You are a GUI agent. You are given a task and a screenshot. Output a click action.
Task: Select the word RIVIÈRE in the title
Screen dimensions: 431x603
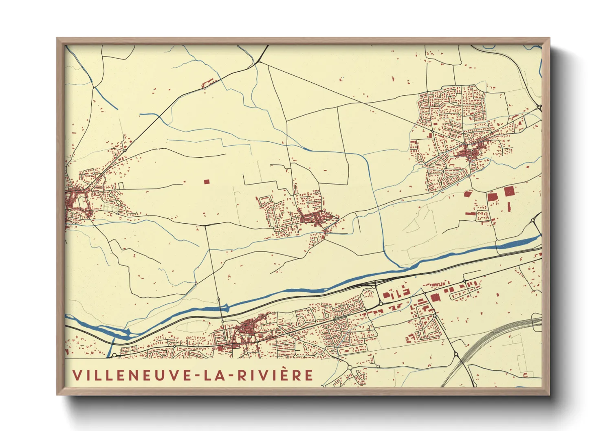[275, 375]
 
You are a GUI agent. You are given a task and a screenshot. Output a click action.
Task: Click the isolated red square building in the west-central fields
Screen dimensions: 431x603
[206, 182]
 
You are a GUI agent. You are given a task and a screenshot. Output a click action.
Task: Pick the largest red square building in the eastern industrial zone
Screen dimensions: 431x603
[509, 191]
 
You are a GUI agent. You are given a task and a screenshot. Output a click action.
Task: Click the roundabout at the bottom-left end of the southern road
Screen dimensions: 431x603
[114, 355]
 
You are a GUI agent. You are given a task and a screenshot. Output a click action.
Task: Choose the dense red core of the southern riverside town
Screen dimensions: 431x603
[246, 327]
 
